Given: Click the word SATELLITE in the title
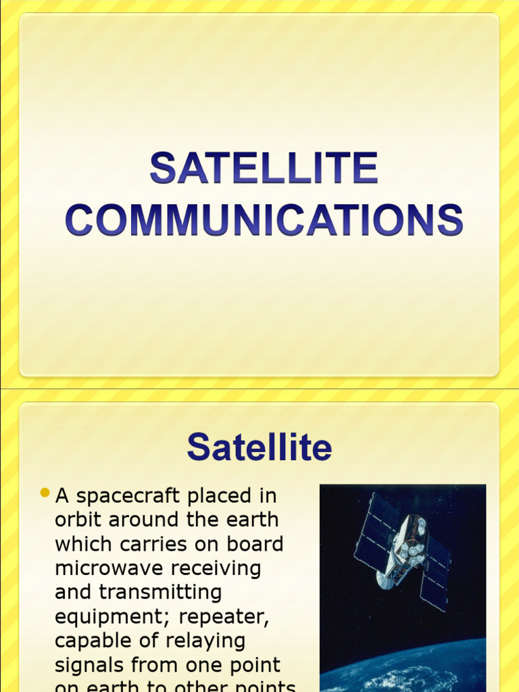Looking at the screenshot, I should coord(264,168).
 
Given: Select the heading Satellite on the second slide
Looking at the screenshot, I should coord(259,447).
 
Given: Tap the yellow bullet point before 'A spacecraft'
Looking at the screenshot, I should coord(45,493).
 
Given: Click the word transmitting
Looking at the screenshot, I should coord(160,592).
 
